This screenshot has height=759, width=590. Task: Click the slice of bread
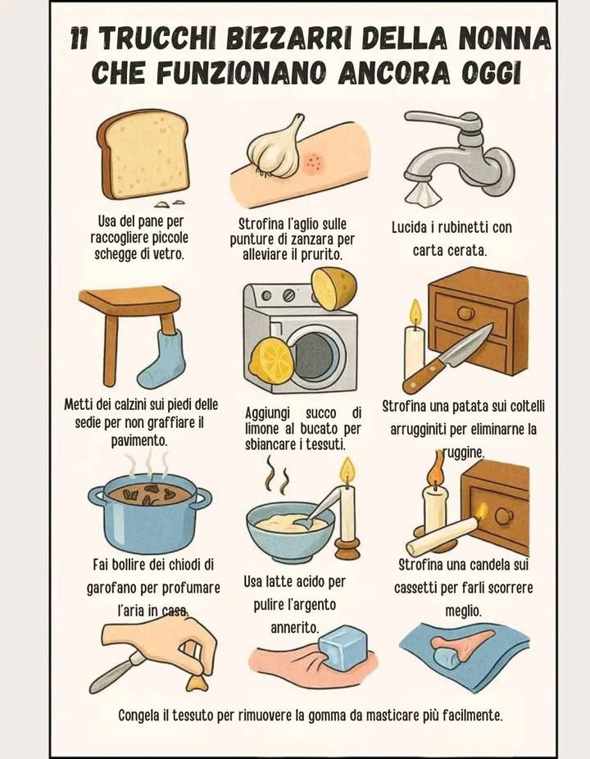[143, 154]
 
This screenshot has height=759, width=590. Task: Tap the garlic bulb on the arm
[275, 147]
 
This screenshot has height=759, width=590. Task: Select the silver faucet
[456, 148]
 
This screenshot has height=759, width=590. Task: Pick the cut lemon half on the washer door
[272, 361]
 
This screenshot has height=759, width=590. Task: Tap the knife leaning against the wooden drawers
[447, 358]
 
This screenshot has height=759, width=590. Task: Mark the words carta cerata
[450, 251]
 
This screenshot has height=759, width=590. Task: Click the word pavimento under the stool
[139, 441]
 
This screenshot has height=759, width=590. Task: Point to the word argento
[320, 604]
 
